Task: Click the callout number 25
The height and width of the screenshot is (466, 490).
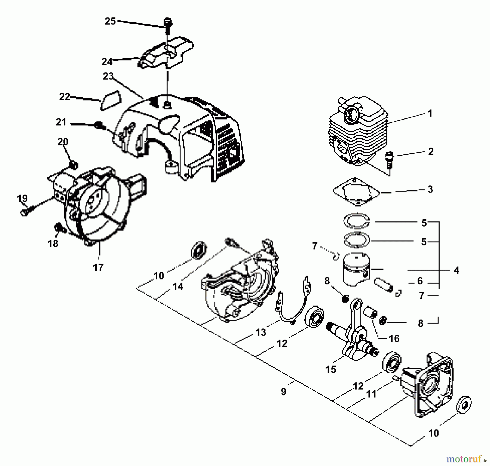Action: pyautogui.click(x=110, y=21)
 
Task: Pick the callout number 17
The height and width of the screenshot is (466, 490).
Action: pyautogui.click(x=98, y=267)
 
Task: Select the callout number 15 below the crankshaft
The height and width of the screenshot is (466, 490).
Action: pyautogui.click(x=331, y=369)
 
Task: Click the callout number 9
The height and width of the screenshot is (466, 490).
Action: pyautogui.click(x=284, y=392)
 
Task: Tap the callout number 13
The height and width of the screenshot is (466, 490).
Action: pyautogui.click(x=261, y=332)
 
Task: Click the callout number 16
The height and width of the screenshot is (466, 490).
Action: pyautogui.click(x=394, y=339)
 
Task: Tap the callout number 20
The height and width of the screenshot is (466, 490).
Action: pyautogui.click(x=63, y=142)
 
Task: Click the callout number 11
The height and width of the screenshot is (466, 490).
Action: pyautogui.click(x=371, y=394)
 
